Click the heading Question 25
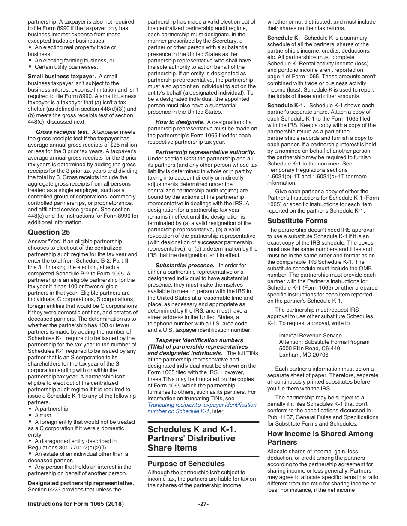point(49,232)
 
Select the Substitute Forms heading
point(297,221)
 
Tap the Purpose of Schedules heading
point(186,464)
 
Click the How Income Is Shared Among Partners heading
point(320,438)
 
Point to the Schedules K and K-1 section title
point(192,438)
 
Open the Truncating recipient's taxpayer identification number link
point(202,408)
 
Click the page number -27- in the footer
point(203,504)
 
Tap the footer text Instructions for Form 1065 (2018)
point(76,504)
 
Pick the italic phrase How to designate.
point(180,122)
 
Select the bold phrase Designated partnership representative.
point(81,483)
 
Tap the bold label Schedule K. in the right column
point(284,38)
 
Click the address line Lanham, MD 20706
point(304,355)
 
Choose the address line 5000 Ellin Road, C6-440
point(309,348)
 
